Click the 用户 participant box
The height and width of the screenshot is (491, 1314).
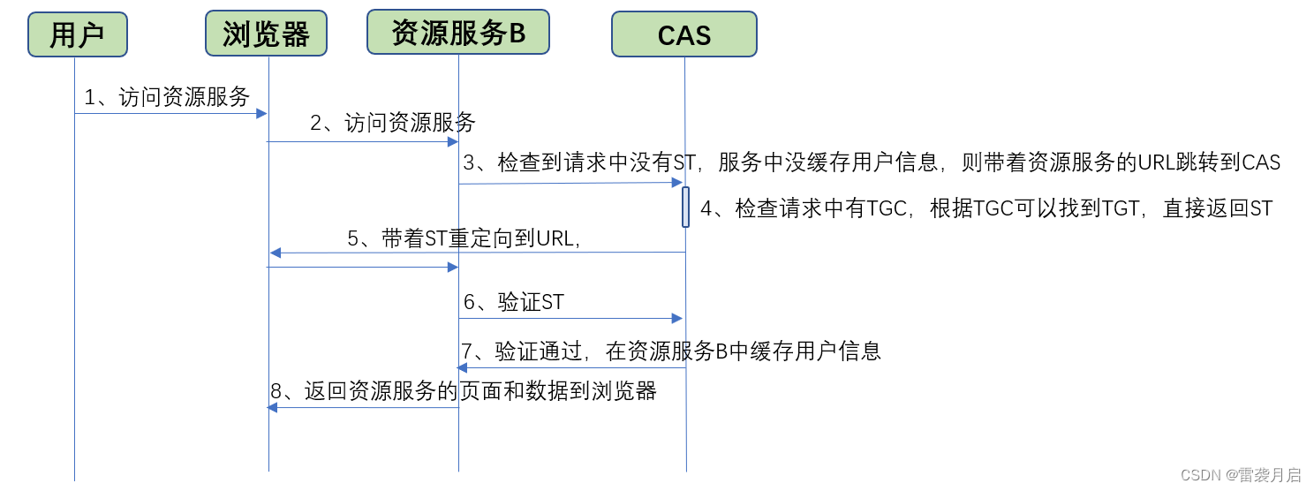(x=77, y=35)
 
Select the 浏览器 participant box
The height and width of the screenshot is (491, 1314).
(x=266, y=34)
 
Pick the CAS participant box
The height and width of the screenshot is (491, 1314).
(x=683, y=35)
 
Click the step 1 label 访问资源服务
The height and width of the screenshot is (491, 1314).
(x=167, y=97)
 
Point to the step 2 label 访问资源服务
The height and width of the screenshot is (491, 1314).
(x=393, y=123)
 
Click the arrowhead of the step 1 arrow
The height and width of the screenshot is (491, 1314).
(x=261, y=113)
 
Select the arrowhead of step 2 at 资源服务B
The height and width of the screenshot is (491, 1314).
(x=452, y=141)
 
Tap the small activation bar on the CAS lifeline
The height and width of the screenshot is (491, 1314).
(x=685, y=207)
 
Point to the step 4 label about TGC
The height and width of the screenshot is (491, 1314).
(x=986, y=208)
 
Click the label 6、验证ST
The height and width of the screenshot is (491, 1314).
(x=513, y=303)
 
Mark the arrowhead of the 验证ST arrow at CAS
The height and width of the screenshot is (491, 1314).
(x=677, y=318)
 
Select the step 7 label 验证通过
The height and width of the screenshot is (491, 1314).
(x=670, y=351)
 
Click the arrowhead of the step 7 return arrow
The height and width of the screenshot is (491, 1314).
(x=463, y=367)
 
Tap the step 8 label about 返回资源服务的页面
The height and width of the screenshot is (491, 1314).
(x=464, y=391)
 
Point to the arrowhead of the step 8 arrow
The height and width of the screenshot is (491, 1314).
(x=273, y=407)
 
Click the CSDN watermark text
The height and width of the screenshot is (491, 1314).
(x=1240, y=475)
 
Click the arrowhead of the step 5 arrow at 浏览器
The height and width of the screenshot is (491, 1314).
(x=275, y=253)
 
